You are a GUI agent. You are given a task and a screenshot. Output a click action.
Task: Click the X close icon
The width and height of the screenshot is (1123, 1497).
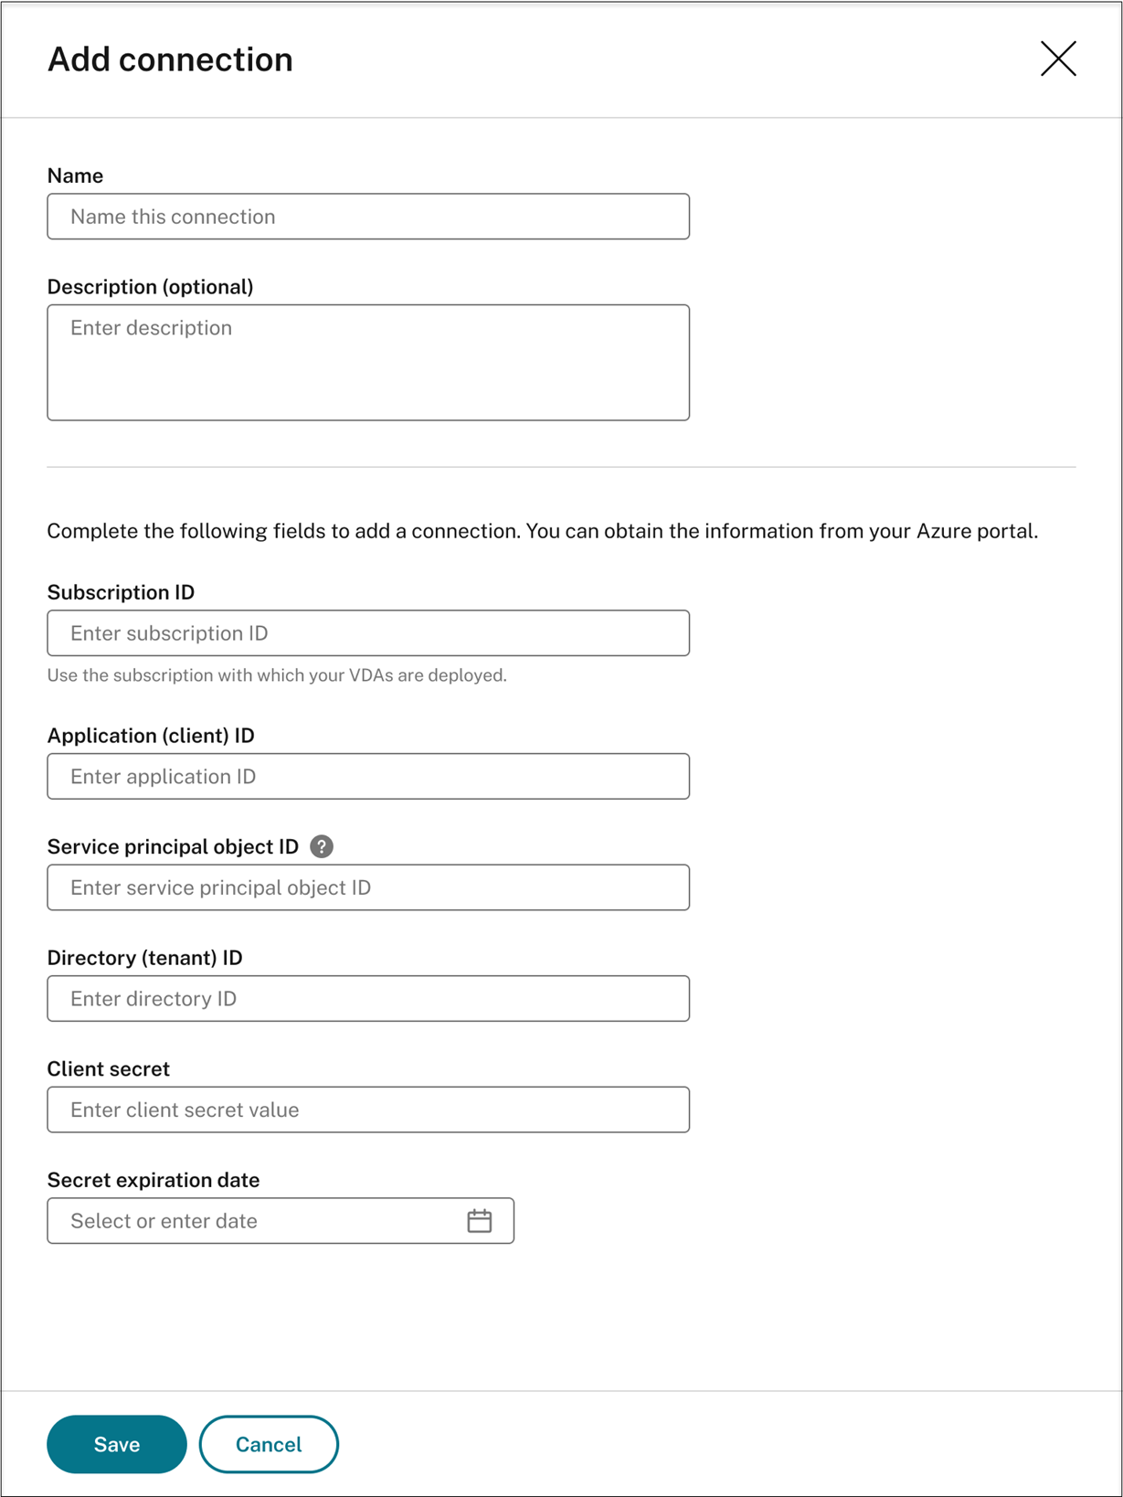[x=1058, y=59]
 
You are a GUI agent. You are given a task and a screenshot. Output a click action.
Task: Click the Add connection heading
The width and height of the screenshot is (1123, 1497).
[x=170, y=59]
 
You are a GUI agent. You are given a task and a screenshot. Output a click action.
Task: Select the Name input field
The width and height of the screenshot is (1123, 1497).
[x=368, y=217]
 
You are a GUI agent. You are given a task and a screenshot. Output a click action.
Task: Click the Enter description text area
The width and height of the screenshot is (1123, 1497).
[x=368, y=362]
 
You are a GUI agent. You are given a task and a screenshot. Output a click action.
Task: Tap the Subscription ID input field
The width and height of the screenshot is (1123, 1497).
[x=368, y=633]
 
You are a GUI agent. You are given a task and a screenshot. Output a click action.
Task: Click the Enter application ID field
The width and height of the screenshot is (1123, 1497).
[x=368, y=777]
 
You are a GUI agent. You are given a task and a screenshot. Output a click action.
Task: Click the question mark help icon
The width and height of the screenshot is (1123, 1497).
[x=322, y=846]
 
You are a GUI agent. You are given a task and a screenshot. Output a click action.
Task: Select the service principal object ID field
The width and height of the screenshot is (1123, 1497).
[x=368, y=887]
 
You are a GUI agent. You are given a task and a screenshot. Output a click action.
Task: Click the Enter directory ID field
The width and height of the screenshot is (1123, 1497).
[x=368, y=999]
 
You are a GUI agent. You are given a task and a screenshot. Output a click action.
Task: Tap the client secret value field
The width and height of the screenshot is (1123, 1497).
[x=368, y=1109]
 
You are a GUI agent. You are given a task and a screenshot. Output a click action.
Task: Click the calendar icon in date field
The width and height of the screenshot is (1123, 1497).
[x=480, y=1221]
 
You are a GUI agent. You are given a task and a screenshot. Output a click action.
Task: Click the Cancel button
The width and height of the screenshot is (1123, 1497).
[x=269, y=1444]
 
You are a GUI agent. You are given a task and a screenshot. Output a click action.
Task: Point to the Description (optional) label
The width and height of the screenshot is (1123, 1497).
[x=150, y=287]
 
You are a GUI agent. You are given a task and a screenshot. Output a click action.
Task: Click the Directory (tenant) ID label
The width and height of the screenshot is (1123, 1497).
[x=144, y=958]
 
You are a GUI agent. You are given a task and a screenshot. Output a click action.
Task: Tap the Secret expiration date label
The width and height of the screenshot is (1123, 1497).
[x=154, y=1180]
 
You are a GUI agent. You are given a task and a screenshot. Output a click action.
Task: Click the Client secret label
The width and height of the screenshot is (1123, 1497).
[x=108, y=1069]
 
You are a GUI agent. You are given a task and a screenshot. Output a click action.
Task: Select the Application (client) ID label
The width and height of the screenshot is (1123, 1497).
[x=151, y=736]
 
